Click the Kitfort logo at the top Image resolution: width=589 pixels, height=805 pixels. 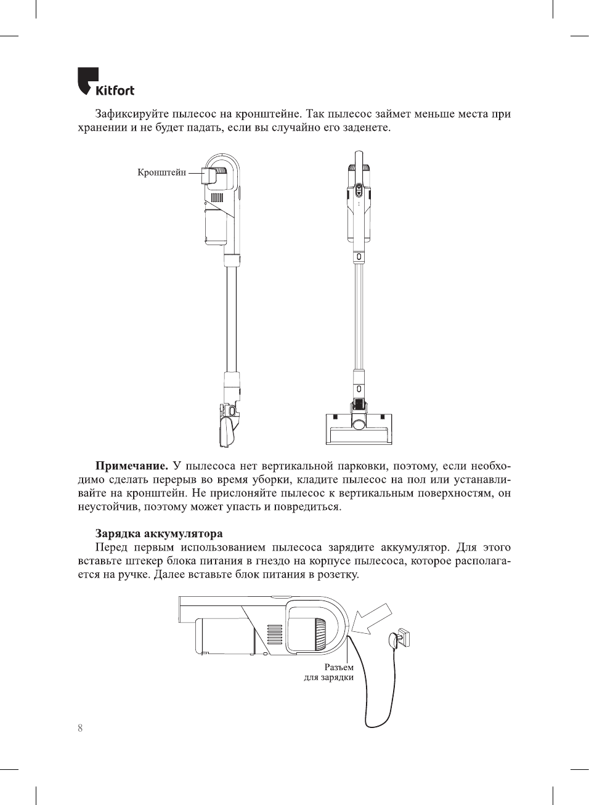click(x=105, y=83)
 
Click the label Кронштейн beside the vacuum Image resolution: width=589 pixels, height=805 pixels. click(x=161, y=172)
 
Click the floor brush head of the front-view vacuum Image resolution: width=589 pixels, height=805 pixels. click(x=359, y=429)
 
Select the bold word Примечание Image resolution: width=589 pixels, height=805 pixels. click(x=131, y=466)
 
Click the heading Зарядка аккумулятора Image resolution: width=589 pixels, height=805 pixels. click(x=159, y=533)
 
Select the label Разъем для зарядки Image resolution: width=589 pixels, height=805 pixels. click(x=330, y=672)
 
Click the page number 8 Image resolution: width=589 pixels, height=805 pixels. click(x=80, y=728)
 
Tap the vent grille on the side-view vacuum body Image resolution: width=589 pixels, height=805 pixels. click(x=216, y=198)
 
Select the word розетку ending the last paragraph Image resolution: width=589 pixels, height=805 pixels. click(x=338, y=575)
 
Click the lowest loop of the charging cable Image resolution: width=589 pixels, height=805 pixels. click(x=377, y=726)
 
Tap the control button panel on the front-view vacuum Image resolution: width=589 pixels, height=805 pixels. click(x=359, y=191)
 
